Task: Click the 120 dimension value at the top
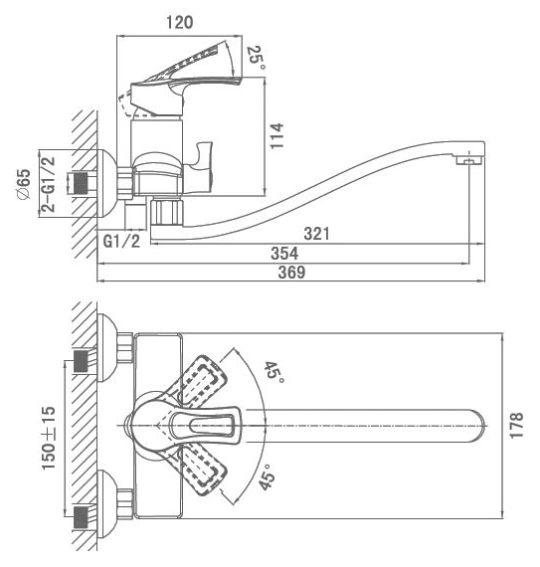pos(179,23)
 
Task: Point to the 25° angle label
pos(257,59)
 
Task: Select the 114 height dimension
pos(277,136)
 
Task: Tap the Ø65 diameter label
pos(24,184)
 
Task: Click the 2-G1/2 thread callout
pos(49,184)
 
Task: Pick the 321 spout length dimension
pos(316,234)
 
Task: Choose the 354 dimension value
pos(284,253)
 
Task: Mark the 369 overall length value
pos(291,272)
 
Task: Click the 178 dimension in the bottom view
pos(516,426)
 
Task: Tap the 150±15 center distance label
pos(49,439)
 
